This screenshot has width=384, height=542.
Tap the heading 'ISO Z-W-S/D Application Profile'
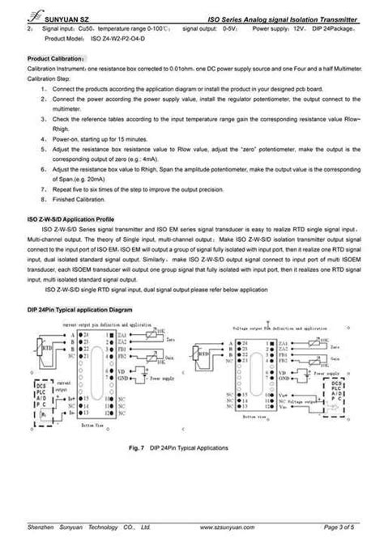point(71,220)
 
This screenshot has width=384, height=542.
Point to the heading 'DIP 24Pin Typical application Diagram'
point(79,310)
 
